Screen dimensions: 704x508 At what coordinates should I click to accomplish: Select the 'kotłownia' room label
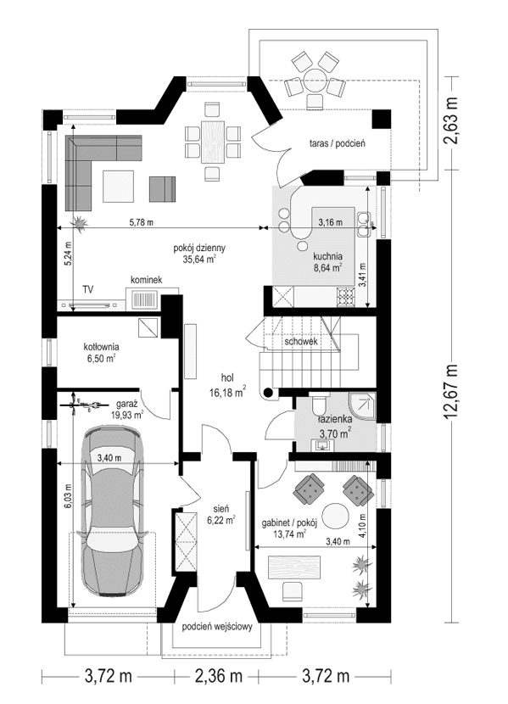[x=100, y=347]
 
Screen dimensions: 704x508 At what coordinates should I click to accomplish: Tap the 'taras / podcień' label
[x=337, y=144]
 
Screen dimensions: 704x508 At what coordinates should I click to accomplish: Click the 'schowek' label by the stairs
[x=301, y=343]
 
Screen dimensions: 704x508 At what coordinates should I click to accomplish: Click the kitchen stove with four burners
[x=345, y=296]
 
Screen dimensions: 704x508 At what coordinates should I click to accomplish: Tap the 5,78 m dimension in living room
[x=141, y=222]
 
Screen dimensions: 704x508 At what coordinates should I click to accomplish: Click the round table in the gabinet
[x=337, y=515]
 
